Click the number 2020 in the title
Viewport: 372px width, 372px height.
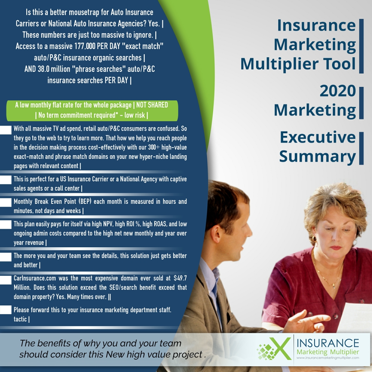click(x=337, y=91)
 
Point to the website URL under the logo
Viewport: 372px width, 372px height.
click(x=327, y=358)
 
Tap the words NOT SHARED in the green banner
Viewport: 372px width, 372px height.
click(x=152, y=105)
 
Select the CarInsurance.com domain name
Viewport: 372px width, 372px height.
click(x=35, y=278)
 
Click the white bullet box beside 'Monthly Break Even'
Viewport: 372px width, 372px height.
click(x=5, y=202)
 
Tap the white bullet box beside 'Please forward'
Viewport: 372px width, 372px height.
click(x=5, y=310)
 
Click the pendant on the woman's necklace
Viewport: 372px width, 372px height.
click(x=334, y=285)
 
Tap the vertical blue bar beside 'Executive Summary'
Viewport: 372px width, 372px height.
click(x=361, y=148)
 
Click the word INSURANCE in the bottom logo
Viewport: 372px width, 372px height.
click(x=328, y=343)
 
